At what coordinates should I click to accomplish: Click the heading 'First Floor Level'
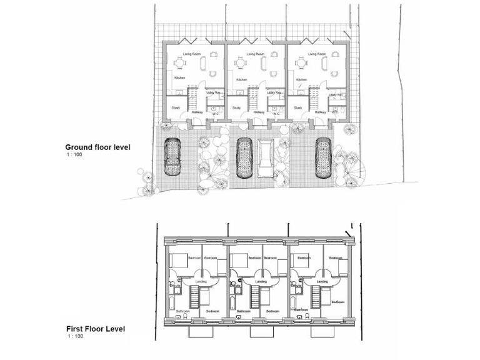pos(96,328)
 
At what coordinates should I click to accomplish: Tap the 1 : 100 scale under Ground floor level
pos(74,154)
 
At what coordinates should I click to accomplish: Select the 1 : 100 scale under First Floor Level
pos(74,336)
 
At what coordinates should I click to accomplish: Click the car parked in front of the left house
pos(171,157)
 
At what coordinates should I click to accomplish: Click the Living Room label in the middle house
pos(255,54)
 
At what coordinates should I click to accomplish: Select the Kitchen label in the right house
pos(301,80)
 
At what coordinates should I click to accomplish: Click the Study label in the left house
pos(176,107)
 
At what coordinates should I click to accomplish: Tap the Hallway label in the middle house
pos(259,112)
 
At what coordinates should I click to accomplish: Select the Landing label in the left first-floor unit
pos(201,282)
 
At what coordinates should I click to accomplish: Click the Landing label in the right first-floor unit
pos(322,282)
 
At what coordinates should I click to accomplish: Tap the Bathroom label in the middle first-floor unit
pos(242,311)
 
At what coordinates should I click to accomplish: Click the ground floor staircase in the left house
pos(191,98)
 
